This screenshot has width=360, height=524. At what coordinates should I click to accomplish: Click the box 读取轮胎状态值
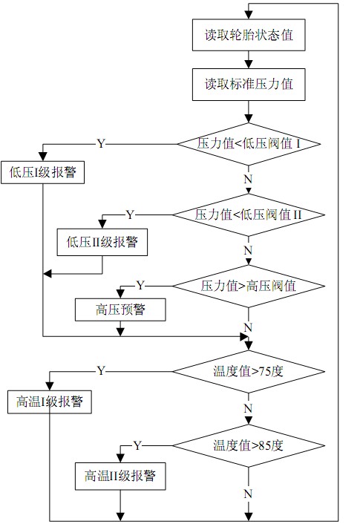point(248,35)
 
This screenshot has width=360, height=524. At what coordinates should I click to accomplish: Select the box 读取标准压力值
point(248,83)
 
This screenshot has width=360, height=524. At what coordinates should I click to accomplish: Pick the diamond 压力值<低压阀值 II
point(248,214)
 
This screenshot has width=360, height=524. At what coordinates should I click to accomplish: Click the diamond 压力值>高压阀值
point(248,285)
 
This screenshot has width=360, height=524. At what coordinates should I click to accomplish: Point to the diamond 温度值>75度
point(248,369)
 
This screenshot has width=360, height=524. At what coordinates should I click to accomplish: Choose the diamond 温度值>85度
point(248,445)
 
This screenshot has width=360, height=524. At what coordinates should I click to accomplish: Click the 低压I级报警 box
point(42,173)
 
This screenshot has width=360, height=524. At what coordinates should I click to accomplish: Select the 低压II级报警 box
point(102,241)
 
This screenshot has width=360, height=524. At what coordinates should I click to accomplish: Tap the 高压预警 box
point(120,310)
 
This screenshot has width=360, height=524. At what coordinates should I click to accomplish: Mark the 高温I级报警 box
point(49,402)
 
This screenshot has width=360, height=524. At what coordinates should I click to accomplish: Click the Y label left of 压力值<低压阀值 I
point(100,142)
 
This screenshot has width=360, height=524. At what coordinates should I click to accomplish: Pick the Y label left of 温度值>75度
point(101,370)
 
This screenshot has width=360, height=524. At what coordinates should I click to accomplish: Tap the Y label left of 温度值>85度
point(137,445)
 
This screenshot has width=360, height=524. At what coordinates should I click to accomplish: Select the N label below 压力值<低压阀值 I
point(248,178)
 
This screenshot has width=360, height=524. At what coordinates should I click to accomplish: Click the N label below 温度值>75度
point(248,407)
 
